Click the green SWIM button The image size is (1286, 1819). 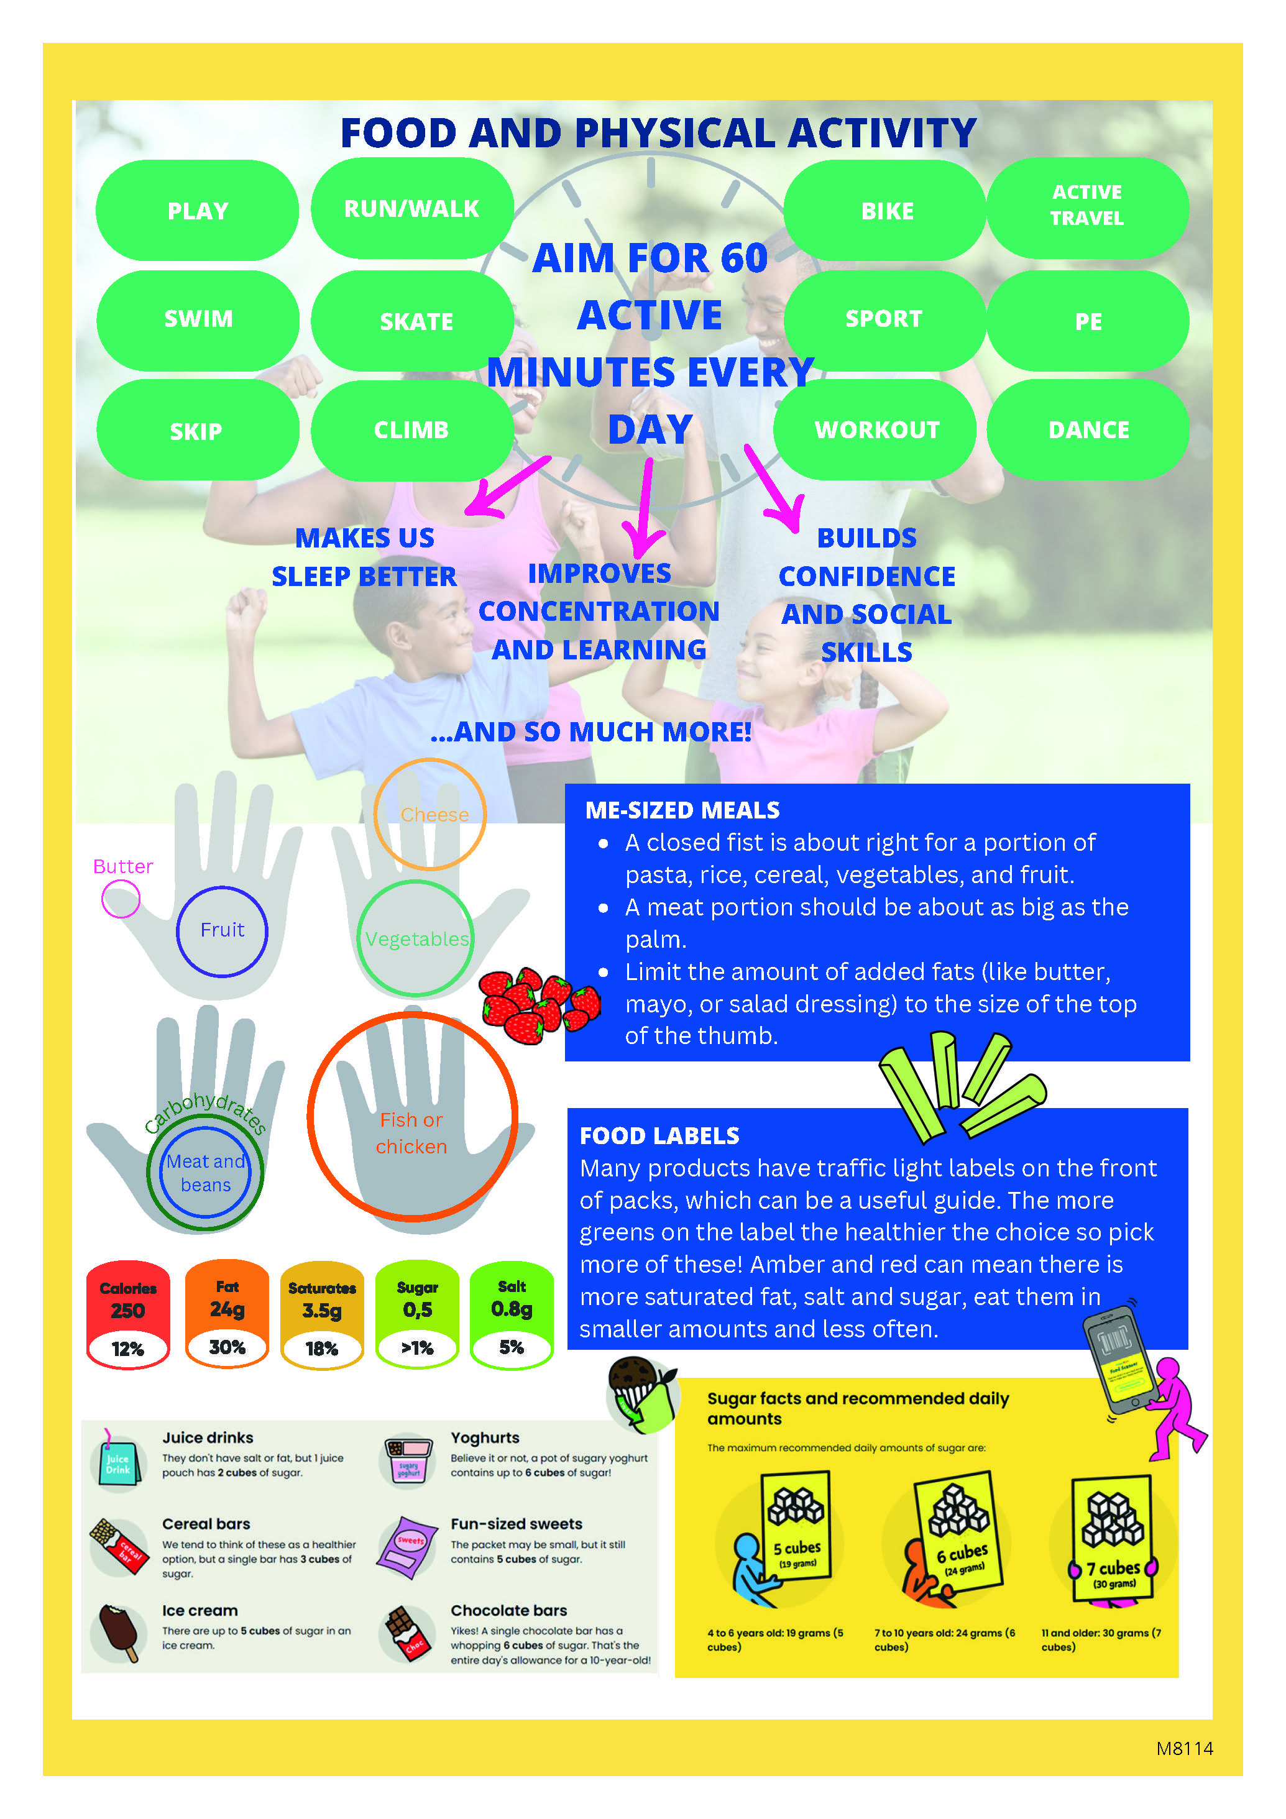(x=198, y=319)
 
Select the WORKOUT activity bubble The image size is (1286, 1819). (x=876, y=429)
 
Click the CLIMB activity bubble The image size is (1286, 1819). (x=411, y=430)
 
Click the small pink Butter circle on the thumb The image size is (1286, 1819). (x=121, y=899)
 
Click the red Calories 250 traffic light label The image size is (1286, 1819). (x=127, y=1314)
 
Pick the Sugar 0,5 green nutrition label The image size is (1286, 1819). (x=417, y=1314)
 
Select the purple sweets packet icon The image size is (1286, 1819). (x=407, y=1547)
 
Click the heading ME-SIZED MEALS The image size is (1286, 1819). (x=682, y=810)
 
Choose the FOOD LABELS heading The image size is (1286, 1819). (x=659, y=1135)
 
